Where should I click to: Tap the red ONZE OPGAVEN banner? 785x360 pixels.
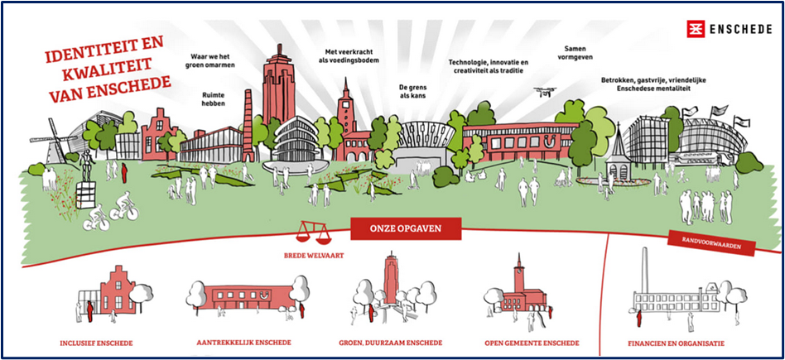click(x=406, y=228)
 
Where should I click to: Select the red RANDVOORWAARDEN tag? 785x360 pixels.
click(x=711, y=242)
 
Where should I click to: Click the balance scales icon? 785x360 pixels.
click(x=313, y=232)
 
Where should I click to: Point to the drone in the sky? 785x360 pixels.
click(x=547, y=92)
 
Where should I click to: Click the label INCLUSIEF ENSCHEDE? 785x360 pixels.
click(x=96, y=343)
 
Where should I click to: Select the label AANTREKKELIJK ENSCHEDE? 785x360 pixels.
click(x=243, y=343)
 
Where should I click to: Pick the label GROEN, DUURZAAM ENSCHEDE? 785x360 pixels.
click(x=391, y=343)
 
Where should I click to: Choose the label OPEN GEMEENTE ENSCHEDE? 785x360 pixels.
click(x=532, y=343)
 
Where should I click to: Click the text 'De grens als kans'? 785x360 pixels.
click(x=412, y=90)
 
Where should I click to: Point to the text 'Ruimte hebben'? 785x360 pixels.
click(x=214, y=98)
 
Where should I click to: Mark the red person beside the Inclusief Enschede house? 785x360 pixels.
click(x=90, y=311)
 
